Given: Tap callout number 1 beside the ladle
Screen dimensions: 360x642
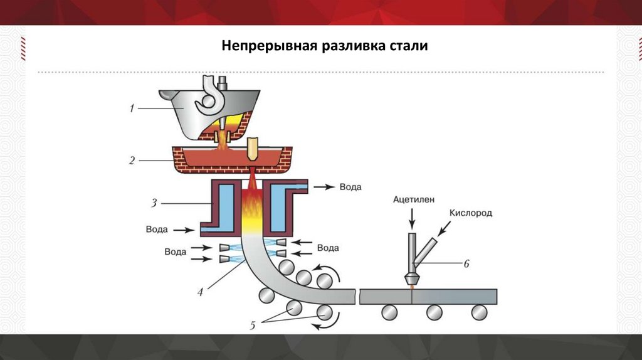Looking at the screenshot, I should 132,109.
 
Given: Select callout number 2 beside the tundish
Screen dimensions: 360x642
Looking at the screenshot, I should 132,160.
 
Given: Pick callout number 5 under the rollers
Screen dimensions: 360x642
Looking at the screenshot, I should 253,325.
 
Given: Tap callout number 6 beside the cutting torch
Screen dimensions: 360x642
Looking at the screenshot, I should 465,264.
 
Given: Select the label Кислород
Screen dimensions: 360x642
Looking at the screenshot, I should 471,213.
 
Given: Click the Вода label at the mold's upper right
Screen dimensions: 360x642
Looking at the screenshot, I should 350,187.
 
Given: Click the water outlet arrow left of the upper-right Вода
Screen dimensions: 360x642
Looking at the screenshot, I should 325,187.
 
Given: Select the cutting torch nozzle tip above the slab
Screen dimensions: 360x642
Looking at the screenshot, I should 411,280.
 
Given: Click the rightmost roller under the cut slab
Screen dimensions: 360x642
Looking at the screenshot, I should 480,312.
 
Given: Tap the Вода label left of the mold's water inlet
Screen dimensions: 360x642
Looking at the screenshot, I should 156,230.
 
